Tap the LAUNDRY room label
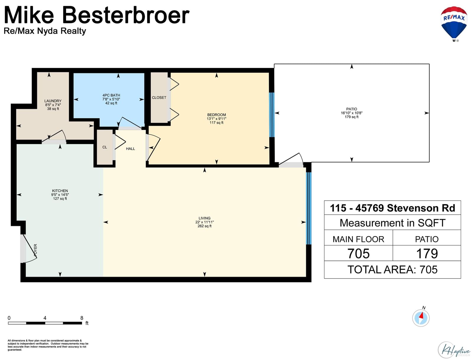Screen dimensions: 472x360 coord(53,101)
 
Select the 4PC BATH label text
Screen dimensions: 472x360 coord(111,95)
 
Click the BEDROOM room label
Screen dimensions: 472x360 coord(216,115)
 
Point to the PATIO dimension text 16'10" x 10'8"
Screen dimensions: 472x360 coord(352,113)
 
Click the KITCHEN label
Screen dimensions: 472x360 coord(60,191)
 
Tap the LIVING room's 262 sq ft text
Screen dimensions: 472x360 coord(204,226)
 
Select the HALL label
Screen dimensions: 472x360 coord(130,149)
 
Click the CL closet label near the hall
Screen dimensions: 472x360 coord(105,147)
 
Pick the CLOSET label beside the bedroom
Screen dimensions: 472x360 coord(159,98)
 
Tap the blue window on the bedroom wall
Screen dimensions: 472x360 coord(272,115)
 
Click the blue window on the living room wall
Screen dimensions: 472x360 coord(309,208)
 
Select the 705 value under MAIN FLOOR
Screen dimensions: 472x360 coord(358,253)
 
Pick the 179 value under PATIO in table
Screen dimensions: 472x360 coord(427,253)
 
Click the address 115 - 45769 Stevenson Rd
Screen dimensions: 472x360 coord(392,208)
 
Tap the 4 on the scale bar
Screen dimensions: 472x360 coord(45,318)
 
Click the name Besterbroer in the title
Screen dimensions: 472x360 coord(126,15)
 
